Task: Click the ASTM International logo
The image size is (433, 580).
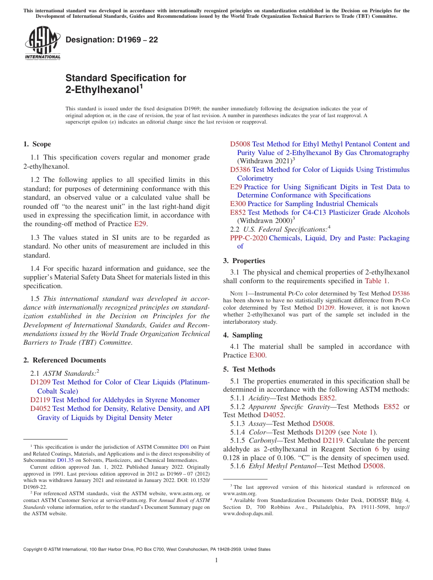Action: coord(42,43)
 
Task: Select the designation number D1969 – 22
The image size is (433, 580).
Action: coord(112,40)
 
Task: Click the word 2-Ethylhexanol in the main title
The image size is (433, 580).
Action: coord(102,90)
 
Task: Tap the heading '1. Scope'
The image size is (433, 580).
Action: coord(37,144)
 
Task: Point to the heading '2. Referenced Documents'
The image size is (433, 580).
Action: coord(64,360)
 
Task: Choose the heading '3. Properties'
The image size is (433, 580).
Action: coord(244,261)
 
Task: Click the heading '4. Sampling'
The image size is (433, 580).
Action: coord(242,335)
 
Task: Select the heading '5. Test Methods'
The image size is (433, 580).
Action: coord(249,369)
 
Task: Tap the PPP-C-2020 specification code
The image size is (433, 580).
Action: coord(248,238)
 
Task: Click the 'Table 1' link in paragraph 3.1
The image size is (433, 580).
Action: coord(376,281)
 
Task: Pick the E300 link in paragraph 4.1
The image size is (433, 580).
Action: coord(258,355)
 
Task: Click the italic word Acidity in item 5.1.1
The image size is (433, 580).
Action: coord(258,398)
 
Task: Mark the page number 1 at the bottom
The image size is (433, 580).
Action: coord(216,560)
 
